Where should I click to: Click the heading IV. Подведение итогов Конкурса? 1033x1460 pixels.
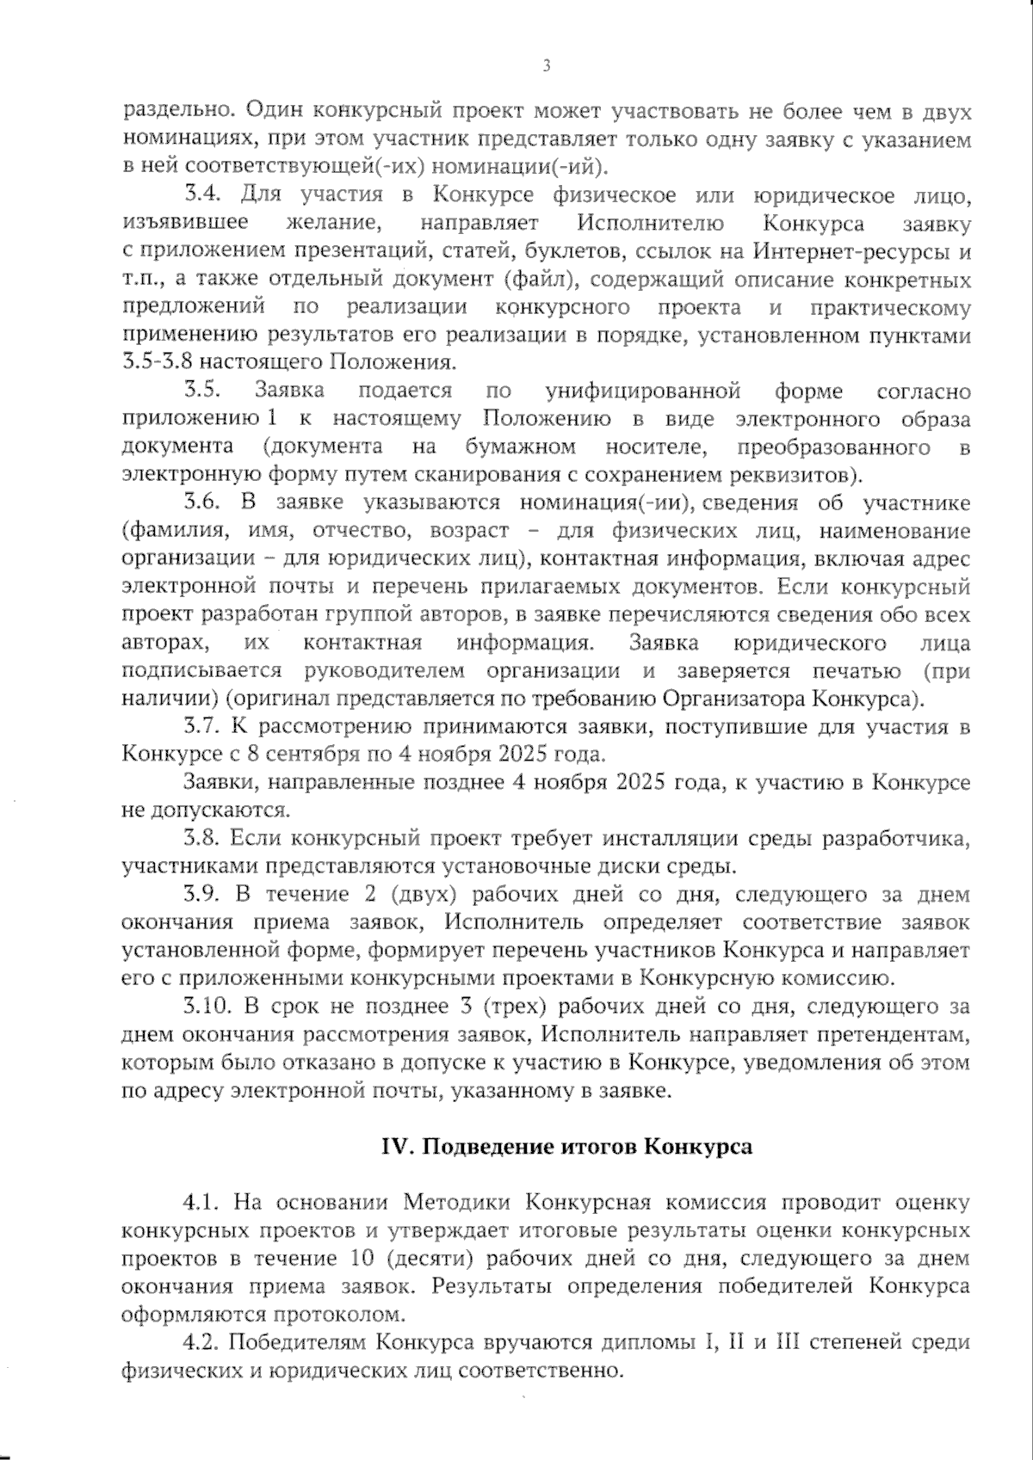[567, 1147]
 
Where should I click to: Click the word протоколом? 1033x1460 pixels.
[340, 1314]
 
